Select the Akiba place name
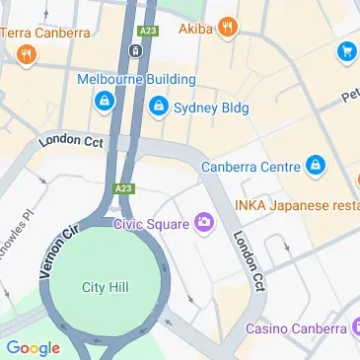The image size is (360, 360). (x=196, y=28)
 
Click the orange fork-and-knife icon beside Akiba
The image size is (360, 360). (x=229, y=27)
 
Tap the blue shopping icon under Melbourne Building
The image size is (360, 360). (x=104, y=100)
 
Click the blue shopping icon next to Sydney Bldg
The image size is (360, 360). (x=157, y=106)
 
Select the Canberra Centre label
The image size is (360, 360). (x=251, y=167)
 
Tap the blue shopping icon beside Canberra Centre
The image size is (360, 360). (x=315, y=165)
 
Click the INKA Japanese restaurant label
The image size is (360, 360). (x=296, y=204)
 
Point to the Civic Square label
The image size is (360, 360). (x=150, y=224)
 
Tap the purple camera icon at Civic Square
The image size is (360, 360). (x=204, y=222)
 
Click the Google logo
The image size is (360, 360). (x=33, y=347)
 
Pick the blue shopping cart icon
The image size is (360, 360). (x=346, y=51)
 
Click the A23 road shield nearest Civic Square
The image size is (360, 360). (x=122, y=187)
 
